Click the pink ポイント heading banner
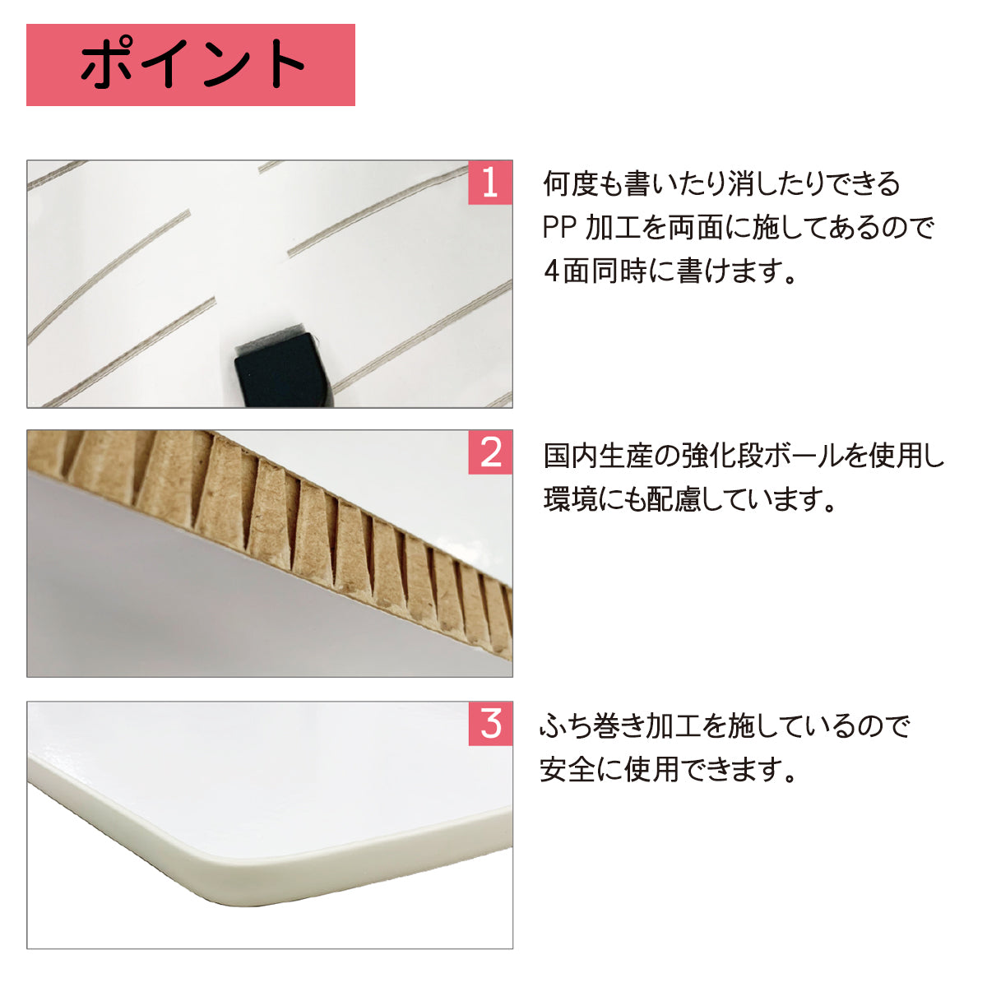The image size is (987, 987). (x=191, y=65)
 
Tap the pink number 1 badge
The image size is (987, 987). (x=490, y=183)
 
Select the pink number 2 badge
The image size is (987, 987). (x=490, y=452)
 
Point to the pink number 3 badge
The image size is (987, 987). (x=490, y=724)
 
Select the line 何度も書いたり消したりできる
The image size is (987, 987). (x=721, y=184)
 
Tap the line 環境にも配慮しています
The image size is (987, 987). (x=689, y=499)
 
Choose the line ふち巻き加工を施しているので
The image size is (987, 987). (x=725, y=725)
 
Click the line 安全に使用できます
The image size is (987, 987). (x=668, y=769)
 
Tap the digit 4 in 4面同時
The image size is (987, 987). (x=552, y=271)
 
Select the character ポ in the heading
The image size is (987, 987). (x=109, y=63)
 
